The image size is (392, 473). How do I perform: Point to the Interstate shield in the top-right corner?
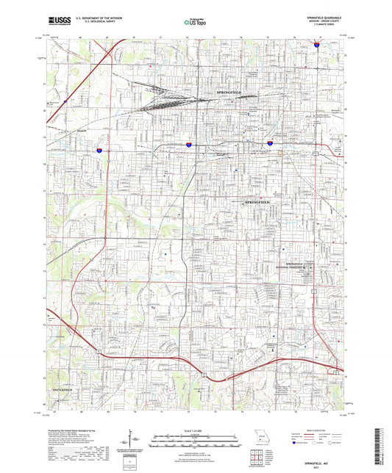317,45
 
